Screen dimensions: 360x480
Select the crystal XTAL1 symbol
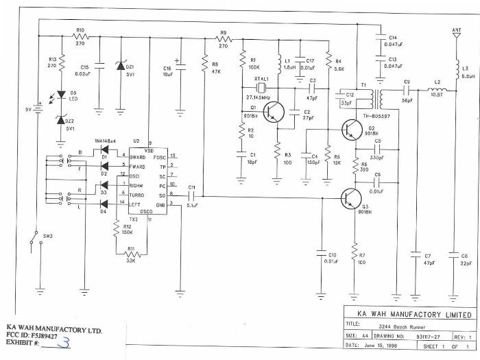point(261,88)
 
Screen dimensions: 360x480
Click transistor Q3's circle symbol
point(352,199)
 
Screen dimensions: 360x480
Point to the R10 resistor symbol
point(80,37)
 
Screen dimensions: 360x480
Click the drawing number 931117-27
point(431,337)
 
